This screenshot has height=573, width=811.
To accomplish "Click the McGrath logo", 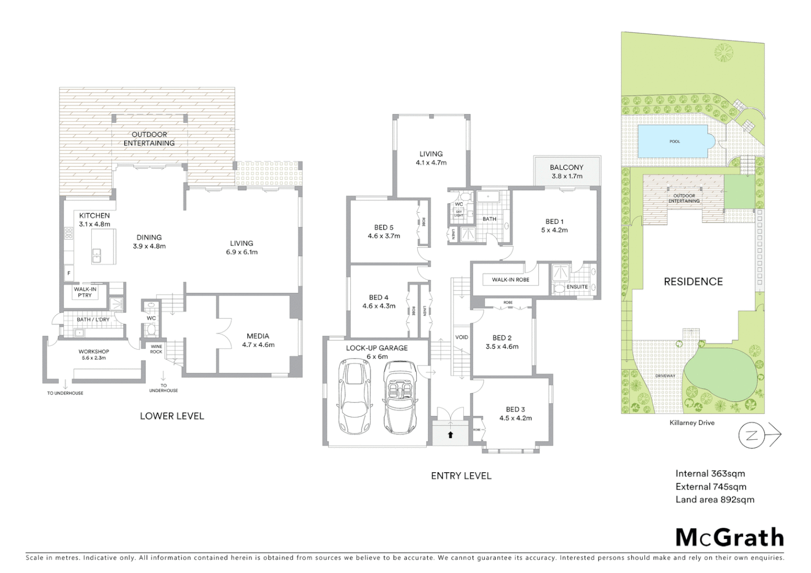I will [729, 537].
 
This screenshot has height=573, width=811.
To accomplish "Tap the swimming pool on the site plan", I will [675, 142].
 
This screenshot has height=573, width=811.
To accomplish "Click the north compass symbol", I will [752, 436].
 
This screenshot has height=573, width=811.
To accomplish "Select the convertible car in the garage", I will [400, 397].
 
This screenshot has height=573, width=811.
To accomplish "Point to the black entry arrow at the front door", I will [450, 435].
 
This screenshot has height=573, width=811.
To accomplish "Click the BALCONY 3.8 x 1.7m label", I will [566, 171].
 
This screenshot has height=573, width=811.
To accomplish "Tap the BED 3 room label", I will [515, 413].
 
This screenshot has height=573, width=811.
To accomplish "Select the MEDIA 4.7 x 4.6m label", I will [258, 340].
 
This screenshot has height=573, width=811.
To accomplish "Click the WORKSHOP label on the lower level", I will [94, 354].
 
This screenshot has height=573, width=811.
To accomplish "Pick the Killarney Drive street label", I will [692, 423].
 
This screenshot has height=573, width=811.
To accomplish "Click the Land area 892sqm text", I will [714, 499].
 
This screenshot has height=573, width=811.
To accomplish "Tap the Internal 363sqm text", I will [710, 474].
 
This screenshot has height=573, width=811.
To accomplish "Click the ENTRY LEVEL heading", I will [461, 476].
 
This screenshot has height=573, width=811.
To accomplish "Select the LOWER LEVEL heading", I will [172, 416].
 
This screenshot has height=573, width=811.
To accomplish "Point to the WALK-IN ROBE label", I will [510, 280].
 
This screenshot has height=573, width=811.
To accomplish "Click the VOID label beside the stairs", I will [462, 337].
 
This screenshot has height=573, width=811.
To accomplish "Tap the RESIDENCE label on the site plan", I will [693, 282].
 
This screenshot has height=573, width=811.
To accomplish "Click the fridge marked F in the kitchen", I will [68, 274].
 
